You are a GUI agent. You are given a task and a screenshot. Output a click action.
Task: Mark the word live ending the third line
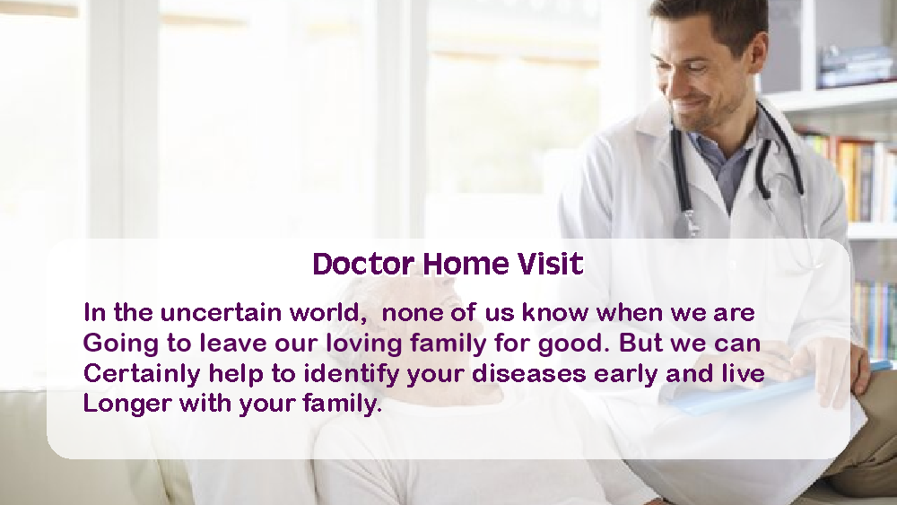[742, 373]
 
